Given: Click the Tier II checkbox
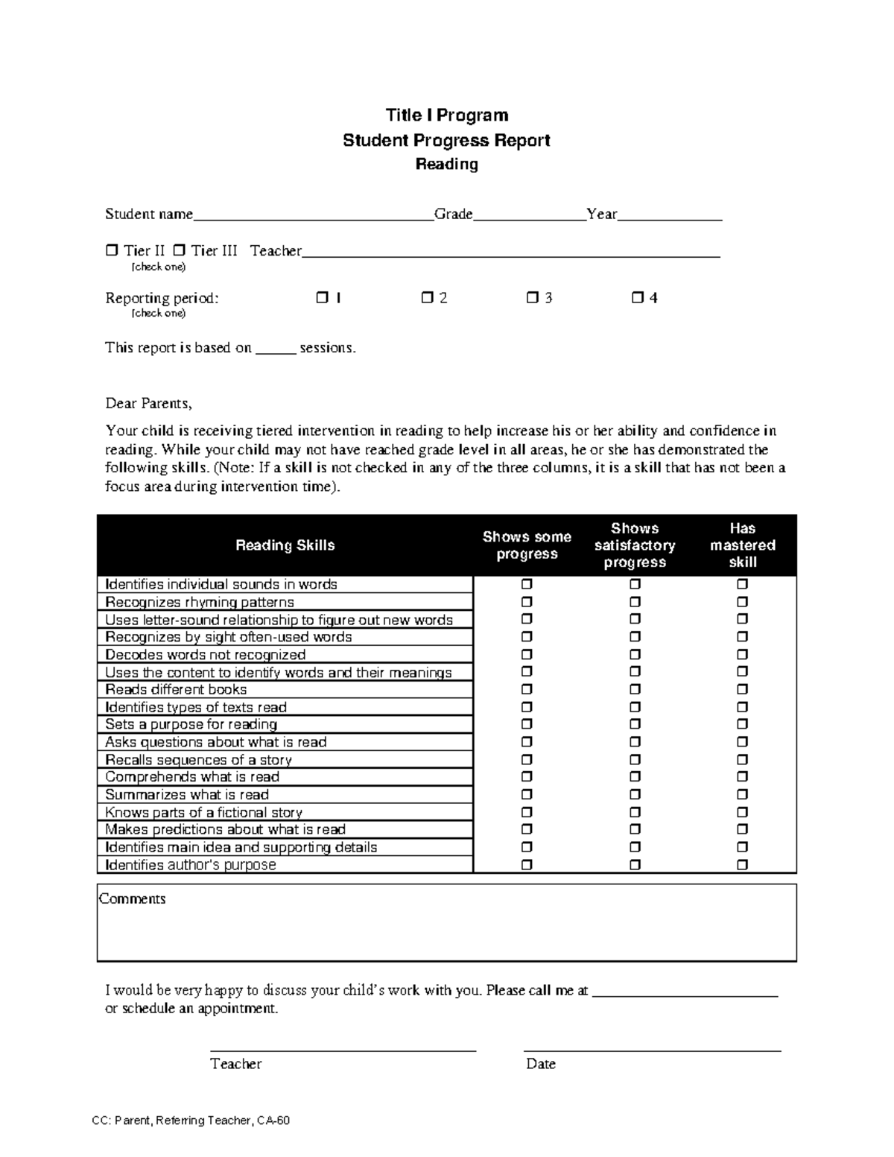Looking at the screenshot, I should [112, 251].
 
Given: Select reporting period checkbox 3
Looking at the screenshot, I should [532, 298].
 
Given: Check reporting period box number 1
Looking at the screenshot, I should [322, 298].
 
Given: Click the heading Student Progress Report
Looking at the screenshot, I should [446, 140].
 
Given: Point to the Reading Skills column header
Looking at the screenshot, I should [285, 545].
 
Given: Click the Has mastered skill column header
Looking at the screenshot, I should [743, 545].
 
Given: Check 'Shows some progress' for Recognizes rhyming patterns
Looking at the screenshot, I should [527, 602].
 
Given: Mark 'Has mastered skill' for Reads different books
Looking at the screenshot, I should [743, 690].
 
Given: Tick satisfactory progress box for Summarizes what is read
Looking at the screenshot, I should [635, 795].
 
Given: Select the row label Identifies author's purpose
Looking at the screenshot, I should [191, 865].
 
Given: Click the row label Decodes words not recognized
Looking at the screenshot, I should [206, 655].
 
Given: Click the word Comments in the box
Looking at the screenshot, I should [133, 899].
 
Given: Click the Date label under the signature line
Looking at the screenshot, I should [541, 1064].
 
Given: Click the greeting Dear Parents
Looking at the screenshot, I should [148, 404].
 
